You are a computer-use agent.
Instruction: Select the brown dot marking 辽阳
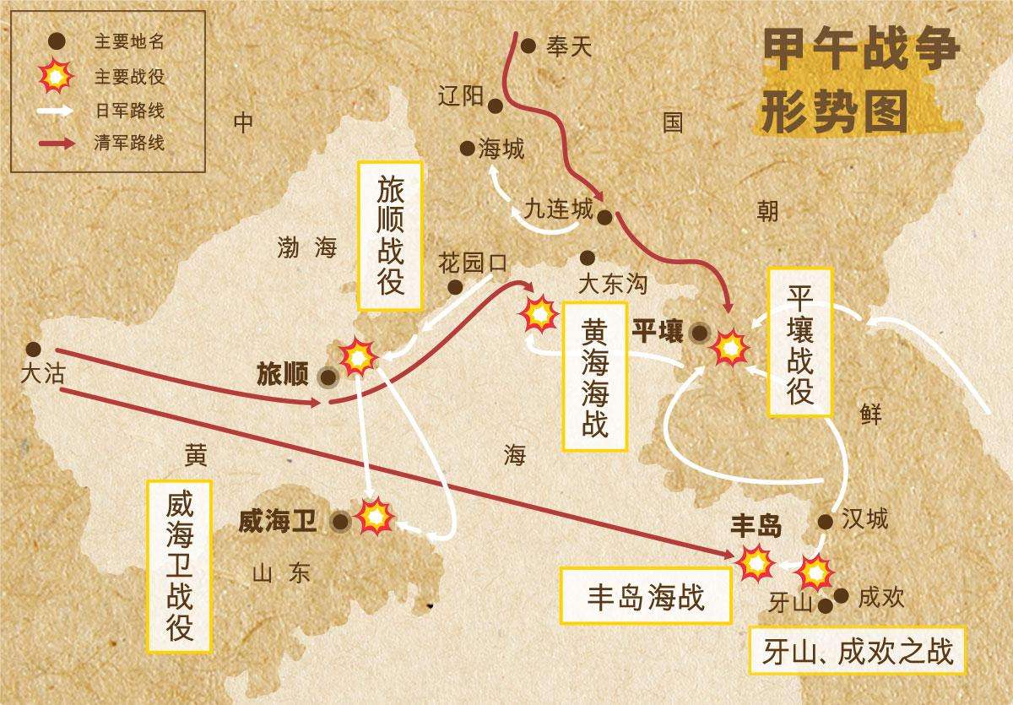[496, 106]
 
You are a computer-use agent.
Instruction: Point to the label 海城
[501, 149]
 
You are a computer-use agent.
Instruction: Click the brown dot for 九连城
[604, 218]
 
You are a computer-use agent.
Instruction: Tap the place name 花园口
[472, 263]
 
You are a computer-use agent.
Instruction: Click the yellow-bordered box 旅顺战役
[390, 236]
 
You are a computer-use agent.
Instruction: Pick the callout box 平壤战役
[799, 342]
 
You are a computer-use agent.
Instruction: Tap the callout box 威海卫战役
[180, 567]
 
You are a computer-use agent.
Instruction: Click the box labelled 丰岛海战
[645, 597]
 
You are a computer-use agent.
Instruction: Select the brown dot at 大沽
[33, 349]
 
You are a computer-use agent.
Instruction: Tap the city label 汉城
[865, 518]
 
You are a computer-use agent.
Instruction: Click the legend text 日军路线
[129, 110]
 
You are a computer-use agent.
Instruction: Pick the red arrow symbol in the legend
[56, 143]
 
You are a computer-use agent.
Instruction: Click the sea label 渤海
[306, 247]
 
